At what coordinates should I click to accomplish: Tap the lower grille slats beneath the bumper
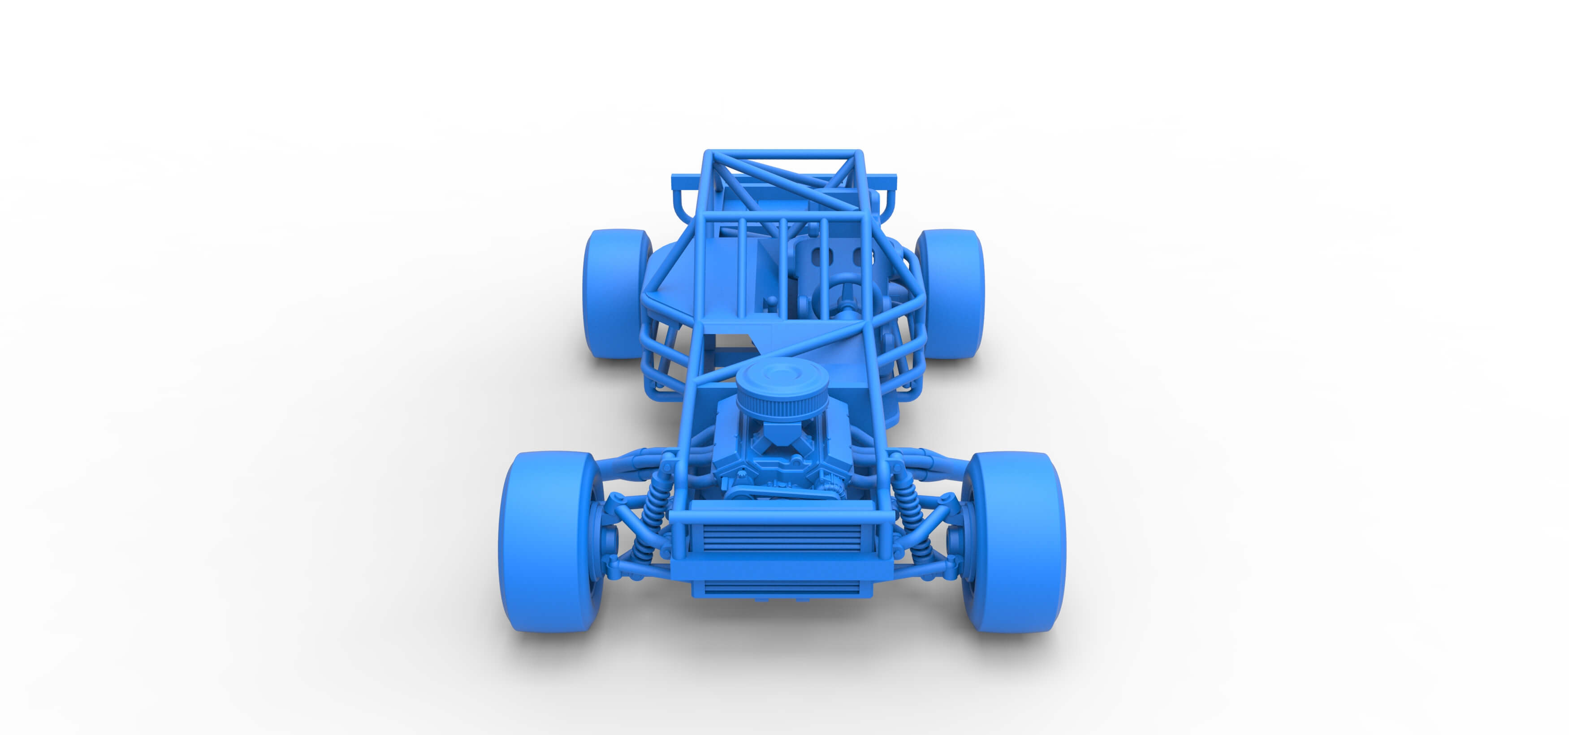click(x=782, y=588)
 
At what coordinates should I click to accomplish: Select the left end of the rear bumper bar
click(x=676, y=181)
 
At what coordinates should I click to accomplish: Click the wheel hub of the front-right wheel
click(x=956, y=542)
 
